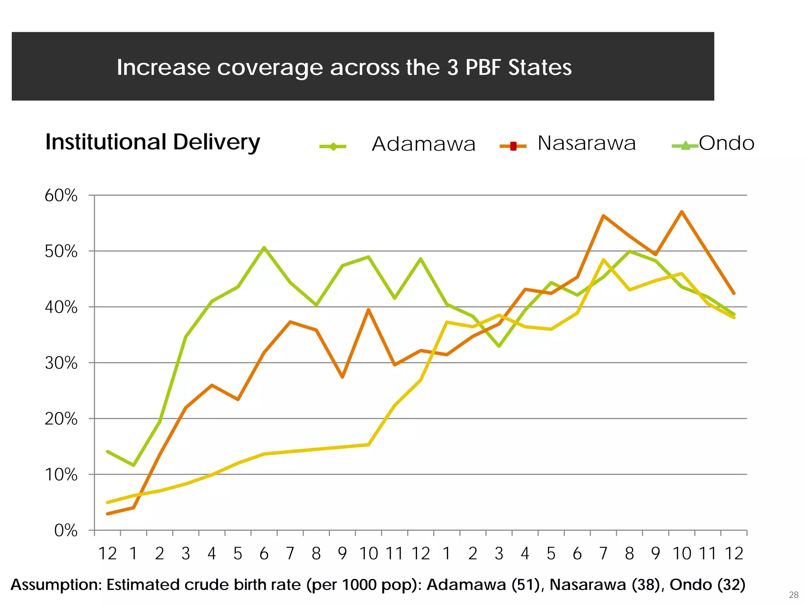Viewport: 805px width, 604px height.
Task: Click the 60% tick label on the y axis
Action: click(61, 195)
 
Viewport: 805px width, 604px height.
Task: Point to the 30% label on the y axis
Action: click(61, 363)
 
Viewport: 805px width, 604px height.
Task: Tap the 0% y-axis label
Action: click(66, 531)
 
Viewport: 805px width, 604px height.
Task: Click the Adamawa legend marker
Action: click(333, 147)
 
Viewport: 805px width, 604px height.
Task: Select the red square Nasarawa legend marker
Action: click(513, 146)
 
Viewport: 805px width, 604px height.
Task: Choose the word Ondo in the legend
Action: click(726, 143)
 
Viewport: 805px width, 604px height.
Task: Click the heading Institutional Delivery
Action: click(153, 142)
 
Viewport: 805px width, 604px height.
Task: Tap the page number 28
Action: click(793, 595)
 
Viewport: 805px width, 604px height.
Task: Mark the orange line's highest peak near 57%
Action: click(682, 212)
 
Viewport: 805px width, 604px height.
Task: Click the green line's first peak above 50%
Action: click(264, 247)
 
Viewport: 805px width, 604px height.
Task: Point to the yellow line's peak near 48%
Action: click(603, 260)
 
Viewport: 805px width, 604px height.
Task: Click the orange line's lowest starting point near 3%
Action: click(108, 514)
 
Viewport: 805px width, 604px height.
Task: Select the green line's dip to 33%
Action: click(499, 346)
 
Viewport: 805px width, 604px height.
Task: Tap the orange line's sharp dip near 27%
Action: click(342, 377)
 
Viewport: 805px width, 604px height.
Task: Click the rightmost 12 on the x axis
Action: click(733, 554)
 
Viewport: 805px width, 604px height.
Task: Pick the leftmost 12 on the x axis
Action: click(107, 554)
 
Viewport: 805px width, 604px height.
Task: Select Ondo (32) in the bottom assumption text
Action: click(708, 585)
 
